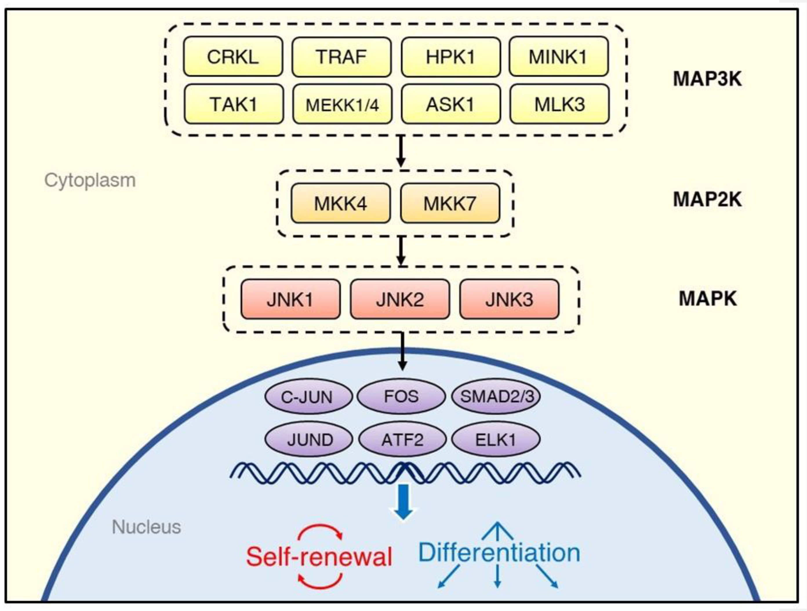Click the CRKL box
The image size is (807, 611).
233,57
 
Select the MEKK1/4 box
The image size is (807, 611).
342,105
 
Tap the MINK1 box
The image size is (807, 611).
558,57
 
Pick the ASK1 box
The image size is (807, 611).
450,105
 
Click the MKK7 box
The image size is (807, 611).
450,203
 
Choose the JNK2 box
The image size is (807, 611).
400,299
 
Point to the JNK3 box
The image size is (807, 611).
509,299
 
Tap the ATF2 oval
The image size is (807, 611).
402,440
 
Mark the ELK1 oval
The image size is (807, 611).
496,440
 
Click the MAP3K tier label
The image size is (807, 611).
707,79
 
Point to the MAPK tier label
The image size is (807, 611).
707,298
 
